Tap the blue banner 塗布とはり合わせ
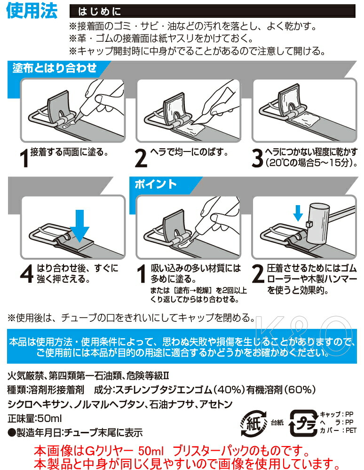[55, 68]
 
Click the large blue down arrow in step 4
[79, 226]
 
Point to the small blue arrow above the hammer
[298, 213]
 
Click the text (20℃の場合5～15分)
[309, 163]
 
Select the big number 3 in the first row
[256, 159]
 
